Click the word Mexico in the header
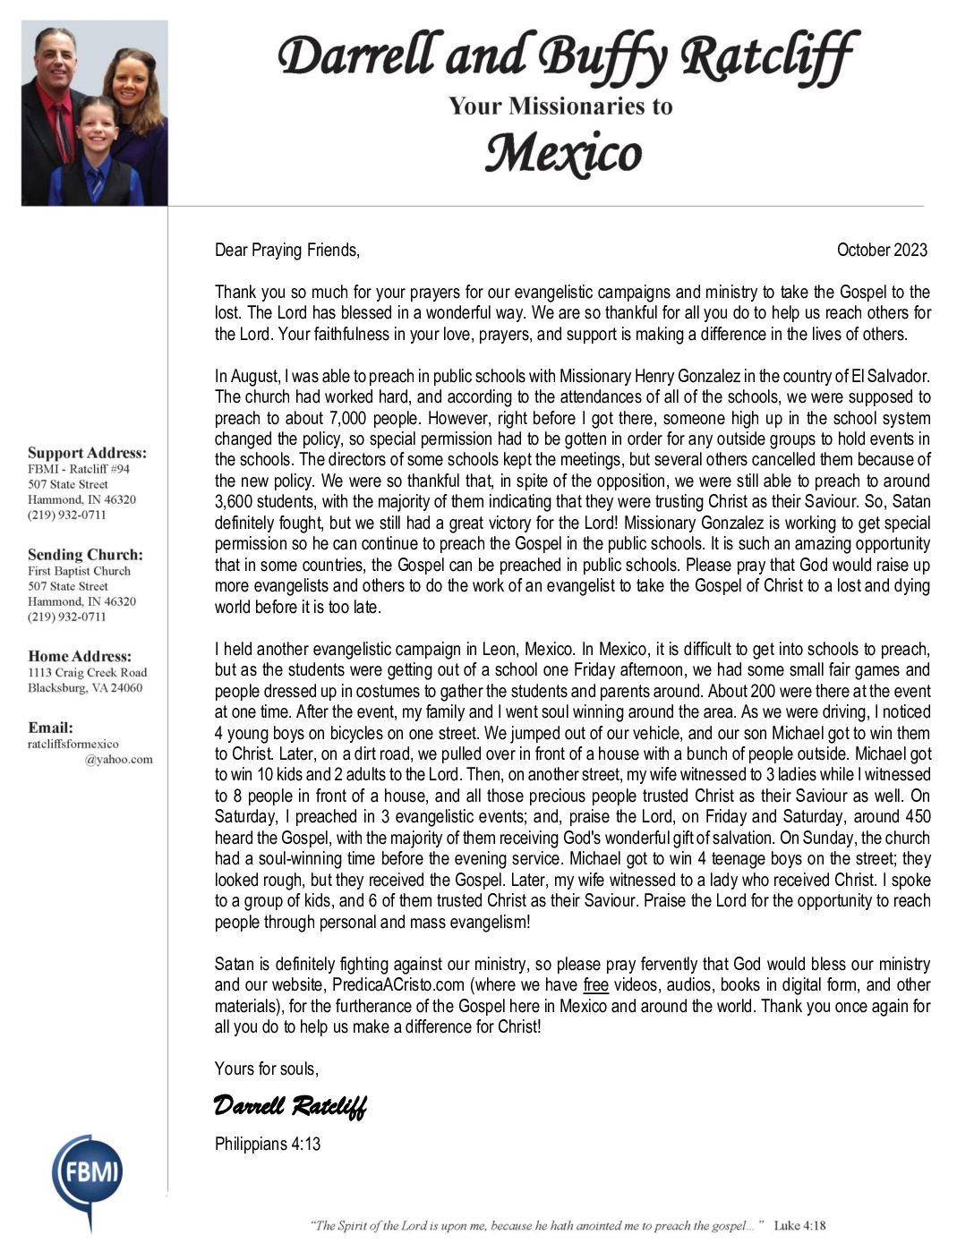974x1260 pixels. tap(563, 154)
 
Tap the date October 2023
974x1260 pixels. tap(881, 250)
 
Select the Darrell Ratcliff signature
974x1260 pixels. tap(290, 1106)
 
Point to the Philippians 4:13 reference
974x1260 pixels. tap(268, 1144)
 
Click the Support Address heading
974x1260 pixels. tap(87, 453)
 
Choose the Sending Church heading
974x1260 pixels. tap(85, 555)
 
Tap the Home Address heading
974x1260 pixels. tap(80, 656)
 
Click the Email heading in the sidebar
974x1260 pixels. tap(50, 728)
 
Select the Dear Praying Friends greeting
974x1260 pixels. tap(286, 250)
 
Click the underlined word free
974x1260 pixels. tap(595, 985)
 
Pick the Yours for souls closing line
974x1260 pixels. tap(267, 1068)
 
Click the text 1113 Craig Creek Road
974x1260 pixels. tap(87, 672)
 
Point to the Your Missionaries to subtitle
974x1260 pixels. tap(560, 106)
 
